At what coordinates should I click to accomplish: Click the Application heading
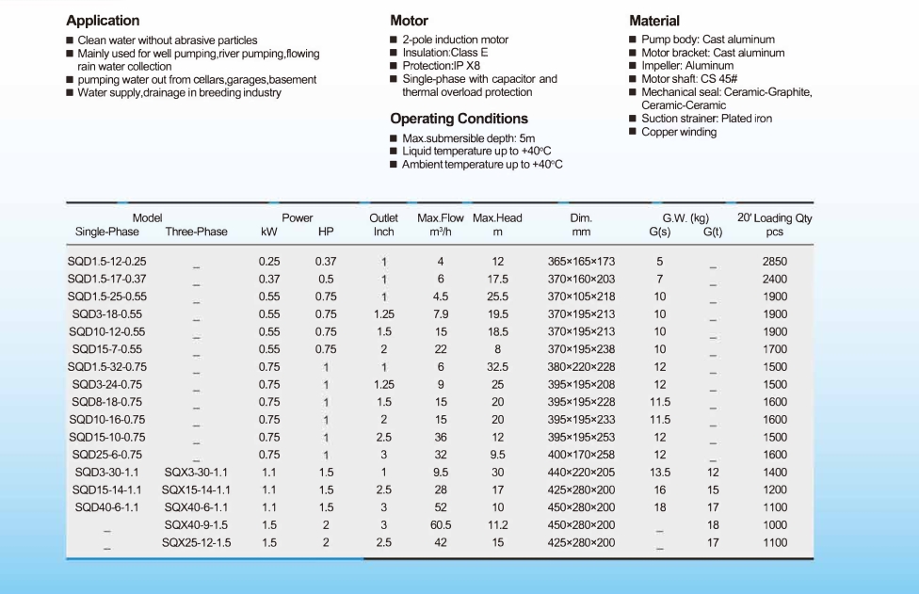point(103,21)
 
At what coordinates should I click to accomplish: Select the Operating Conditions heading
point(459,119)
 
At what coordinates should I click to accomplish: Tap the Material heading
point(654,21)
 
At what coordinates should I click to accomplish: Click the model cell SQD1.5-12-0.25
point(106,262)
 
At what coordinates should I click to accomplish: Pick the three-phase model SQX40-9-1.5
point(196,525)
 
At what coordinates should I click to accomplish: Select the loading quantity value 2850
point(775,262)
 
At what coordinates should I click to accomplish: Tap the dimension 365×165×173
point(581,262)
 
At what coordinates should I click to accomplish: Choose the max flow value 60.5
point(441,525)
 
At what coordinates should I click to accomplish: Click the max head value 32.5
point(497,367)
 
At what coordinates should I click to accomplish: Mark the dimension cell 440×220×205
point(581,473)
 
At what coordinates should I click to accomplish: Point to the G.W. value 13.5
point(660,473)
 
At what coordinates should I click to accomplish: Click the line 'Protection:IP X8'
point(441,66)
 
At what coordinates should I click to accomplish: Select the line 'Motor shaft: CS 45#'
point(689,78)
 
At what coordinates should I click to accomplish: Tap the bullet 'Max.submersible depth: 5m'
point(468,138)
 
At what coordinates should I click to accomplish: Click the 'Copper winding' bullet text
point(679,132)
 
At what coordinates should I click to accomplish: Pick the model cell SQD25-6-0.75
point(106,455)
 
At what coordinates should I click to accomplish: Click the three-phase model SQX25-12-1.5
point(197,542)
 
